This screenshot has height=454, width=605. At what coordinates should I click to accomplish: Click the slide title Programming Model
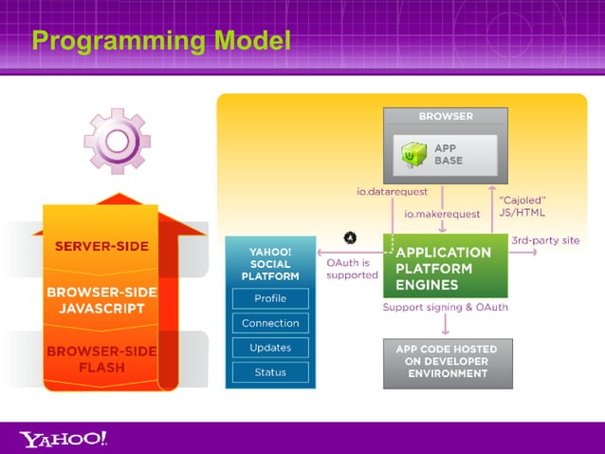(x=160, y=41)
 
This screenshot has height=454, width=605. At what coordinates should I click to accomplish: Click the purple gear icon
(x=117, y=142)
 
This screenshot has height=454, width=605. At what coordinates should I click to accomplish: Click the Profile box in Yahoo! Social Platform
(x=270, y=298)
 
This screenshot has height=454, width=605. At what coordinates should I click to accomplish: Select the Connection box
(x=270, y=323)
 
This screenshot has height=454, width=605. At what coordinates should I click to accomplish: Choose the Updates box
(x=270, y=348)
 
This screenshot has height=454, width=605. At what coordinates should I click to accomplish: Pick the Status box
(x=270, y=372)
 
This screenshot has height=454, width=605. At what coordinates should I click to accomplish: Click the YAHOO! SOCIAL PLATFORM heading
(x=270, y=264)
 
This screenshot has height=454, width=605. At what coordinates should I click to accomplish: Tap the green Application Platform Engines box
(x=445, y=268)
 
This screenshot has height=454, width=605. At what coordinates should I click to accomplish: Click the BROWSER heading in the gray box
(x=446, y=117)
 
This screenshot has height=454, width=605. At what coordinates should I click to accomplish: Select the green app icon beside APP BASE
(x=413, y=154)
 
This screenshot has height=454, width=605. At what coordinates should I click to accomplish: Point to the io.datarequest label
(x=392, y=192)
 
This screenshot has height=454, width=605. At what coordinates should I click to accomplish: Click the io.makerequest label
(x=442, y=214)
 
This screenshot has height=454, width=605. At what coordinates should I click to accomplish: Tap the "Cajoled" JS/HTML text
(x=522, y=206)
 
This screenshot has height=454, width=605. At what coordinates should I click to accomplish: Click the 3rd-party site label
(x=545, y=240)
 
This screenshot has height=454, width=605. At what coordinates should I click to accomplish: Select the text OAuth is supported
(x=352, y=269)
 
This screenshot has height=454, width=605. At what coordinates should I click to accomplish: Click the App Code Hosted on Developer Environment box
(x=448, y=362)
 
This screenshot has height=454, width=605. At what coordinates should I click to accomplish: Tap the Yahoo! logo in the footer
(x=64, y=438)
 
